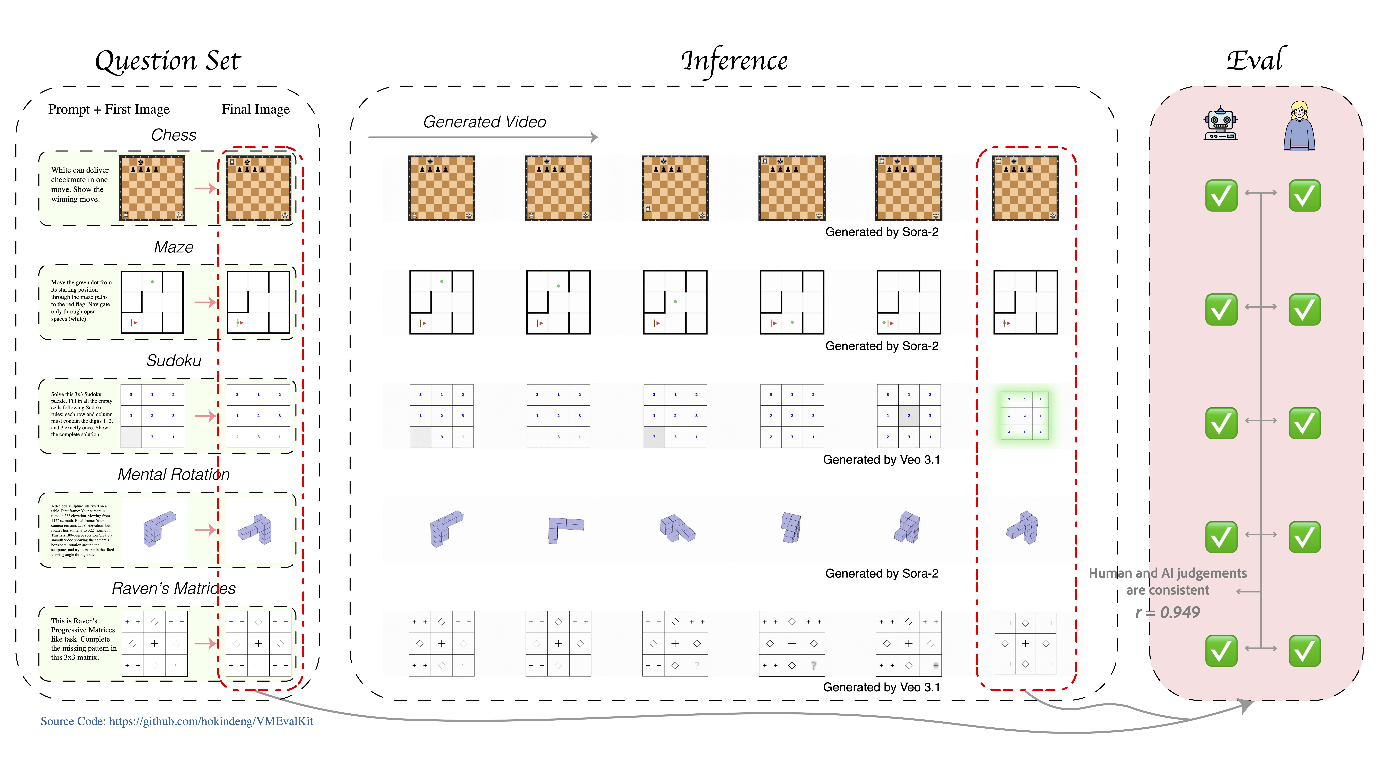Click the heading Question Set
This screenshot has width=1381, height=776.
click(x=168, y=61)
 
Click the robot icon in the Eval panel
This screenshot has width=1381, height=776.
click(x=1220, y=123)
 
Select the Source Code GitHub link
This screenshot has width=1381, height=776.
click(x=177, y=721)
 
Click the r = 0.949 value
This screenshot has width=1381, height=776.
click(x=1168, y=612)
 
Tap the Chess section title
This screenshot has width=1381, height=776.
click(x=174, y=135)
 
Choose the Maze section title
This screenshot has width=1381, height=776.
click(x=174, y=247)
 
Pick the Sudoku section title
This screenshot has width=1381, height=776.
click(x=174, y=361)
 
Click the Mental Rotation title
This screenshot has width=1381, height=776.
click(x=174, y=474)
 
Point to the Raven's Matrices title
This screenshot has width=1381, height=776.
click(x=174, y=588)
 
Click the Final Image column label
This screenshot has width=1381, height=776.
click(x=256, y=109)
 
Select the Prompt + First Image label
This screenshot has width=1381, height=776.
click(x=109, y=109)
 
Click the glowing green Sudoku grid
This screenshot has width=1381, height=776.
click(x=1024, y=415)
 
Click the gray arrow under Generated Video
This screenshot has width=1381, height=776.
click(x=482, y=137)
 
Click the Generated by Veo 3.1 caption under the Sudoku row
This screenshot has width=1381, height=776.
click(x=881, y=460)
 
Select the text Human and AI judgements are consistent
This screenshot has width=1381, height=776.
click(x=1168, y=581)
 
